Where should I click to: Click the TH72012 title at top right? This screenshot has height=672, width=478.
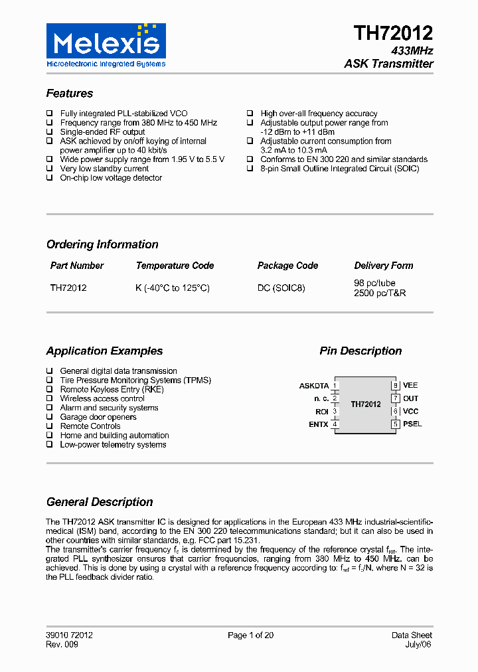point(393,33)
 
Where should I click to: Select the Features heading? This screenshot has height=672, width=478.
point(70,94)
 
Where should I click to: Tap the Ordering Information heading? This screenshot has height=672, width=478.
point(102,244)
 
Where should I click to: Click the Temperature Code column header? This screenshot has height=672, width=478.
point(175,266)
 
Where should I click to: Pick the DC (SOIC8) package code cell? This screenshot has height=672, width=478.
point(281,288)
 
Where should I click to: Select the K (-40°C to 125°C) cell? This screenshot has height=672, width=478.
point(173,288)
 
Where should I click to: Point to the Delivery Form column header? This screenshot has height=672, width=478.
point(383,266)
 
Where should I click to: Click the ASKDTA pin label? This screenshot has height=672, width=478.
point(314,386)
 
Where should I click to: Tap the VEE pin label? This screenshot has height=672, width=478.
point(410,385)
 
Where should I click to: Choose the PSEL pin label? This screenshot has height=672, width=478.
point(412,424)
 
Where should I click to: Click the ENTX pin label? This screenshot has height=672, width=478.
point(319,424)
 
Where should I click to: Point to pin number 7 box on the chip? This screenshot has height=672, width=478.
point(395,398)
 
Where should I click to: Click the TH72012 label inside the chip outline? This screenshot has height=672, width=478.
point(366,404)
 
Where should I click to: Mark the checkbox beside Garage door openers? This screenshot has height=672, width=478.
point(50,417)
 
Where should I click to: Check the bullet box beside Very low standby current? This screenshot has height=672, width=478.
point(50,169)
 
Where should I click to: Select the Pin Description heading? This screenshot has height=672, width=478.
point(360,351)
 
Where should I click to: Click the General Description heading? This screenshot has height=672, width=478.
point(100,502)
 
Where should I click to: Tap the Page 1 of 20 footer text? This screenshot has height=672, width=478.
point(250,635)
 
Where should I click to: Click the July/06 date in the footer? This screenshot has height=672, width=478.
point(420,645)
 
